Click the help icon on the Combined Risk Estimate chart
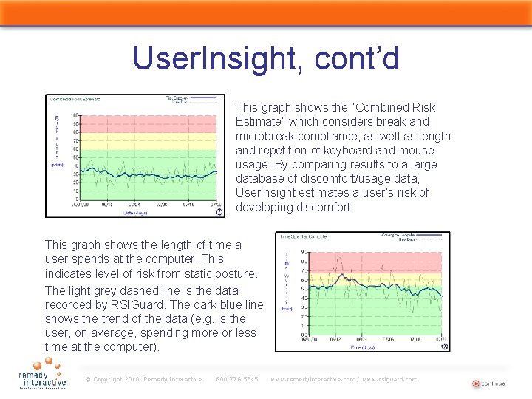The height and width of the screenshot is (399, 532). (219, 211)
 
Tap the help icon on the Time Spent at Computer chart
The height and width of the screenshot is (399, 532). (445, 345)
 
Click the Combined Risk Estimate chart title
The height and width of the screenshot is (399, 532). (75, 99)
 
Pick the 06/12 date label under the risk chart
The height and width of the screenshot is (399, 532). (107, 205)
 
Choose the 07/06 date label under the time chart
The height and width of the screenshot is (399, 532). (387, 340)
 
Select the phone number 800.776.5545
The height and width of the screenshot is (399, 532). (236, 380)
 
